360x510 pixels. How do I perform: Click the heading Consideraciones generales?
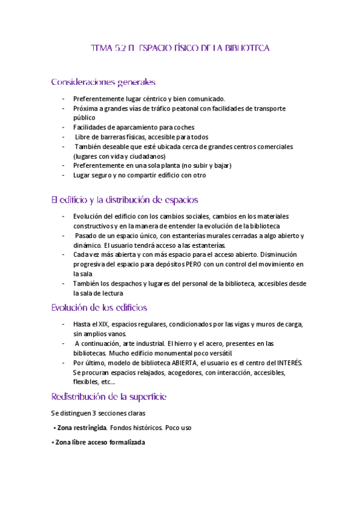(103, 81)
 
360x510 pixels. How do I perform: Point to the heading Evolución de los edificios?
(99, 308)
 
